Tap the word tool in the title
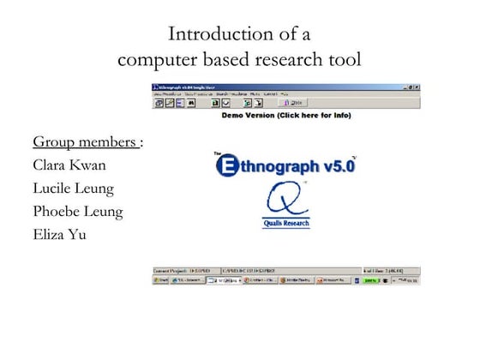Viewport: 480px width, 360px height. pos(344,59)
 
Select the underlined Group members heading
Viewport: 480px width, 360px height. pos(85,141)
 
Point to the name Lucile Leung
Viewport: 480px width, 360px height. pos(73,188)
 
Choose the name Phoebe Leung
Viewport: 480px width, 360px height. pos(77,211)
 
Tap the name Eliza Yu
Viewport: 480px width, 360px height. pos(59,234)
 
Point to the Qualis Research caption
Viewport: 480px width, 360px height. pos(286,224)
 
